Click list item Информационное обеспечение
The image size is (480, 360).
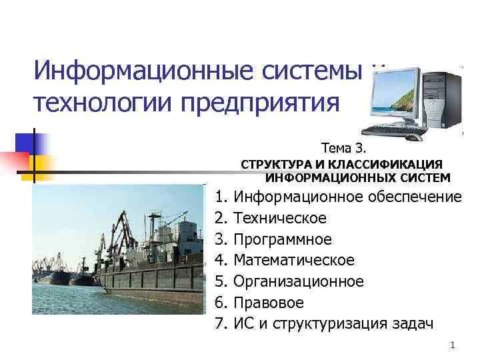click(x=347, y=196)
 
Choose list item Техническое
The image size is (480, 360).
click(x=280, y=217)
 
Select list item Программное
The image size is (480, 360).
click(x=283, y=239)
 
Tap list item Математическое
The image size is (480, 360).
click(x=294, y=260)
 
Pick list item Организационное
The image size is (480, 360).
click(x=299, y=281)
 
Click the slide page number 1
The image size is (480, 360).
click(x=452, y=345)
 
